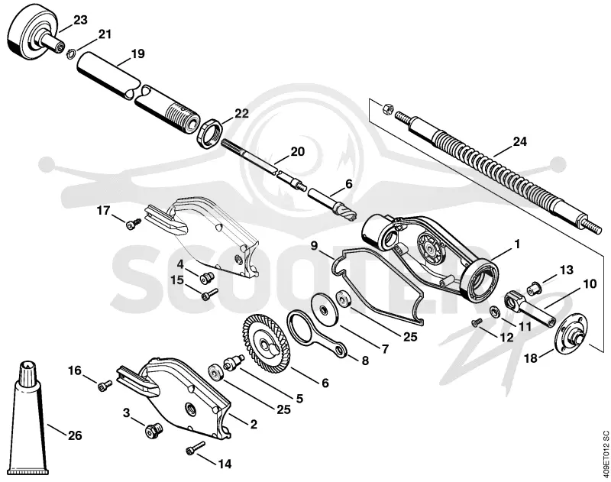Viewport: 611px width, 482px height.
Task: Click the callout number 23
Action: [80, 20]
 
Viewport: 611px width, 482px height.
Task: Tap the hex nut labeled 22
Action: [209, 134]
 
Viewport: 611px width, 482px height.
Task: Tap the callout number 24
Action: [519, 142]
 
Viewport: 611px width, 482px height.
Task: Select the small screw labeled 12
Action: [477, 322]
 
